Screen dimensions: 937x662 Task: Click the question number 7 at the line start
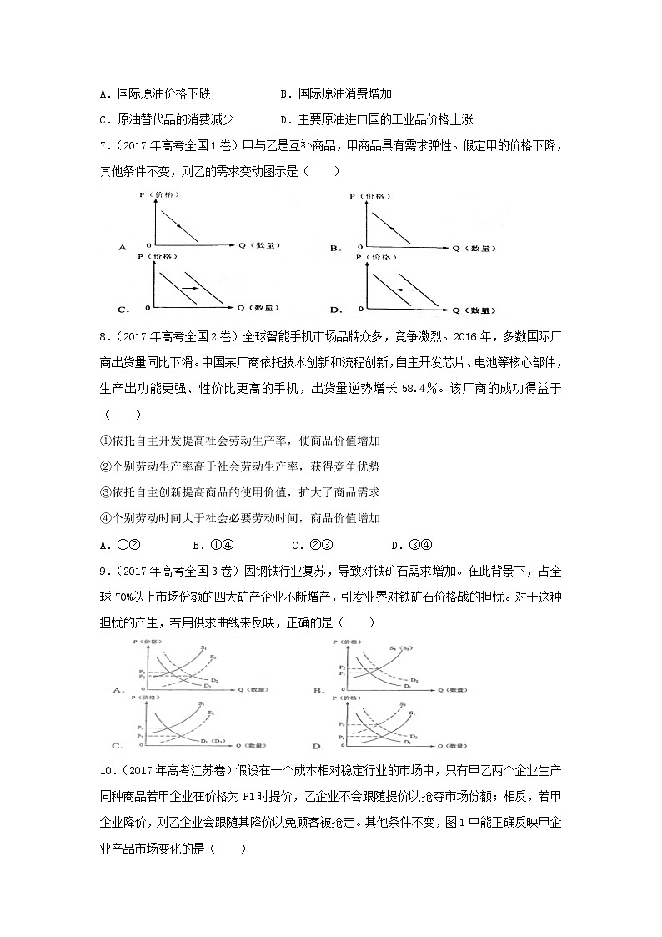click(103, 147)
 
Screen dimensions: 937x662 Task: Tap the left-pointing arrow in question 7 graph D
click(404, 290)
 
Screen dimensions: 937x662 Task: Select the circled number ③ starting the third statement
click(104, 492)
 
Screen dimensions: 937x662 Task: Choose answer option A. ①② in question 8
click(118, 544)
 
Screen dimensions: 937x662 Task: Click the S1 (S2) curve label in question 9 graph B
click(396, 649)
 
